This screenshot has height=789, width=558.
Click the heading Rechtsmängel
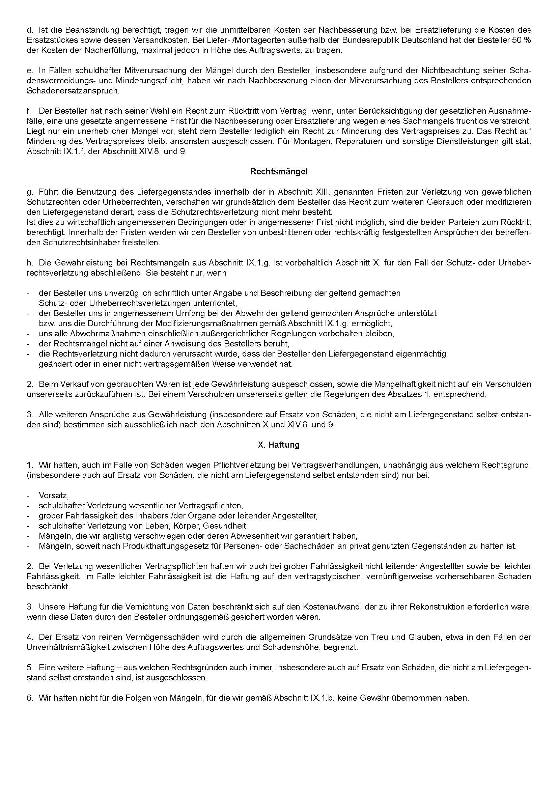click(279, 172)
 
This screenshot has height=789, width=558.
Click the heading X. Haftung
click(279, 445)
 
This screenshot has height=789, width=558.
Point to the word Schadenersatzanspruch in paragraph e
click(73, 91)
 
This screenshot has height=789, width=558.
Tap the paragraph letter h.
click(29, 263)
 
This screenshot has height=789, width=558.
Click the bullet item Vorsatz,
click(54, 496)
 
